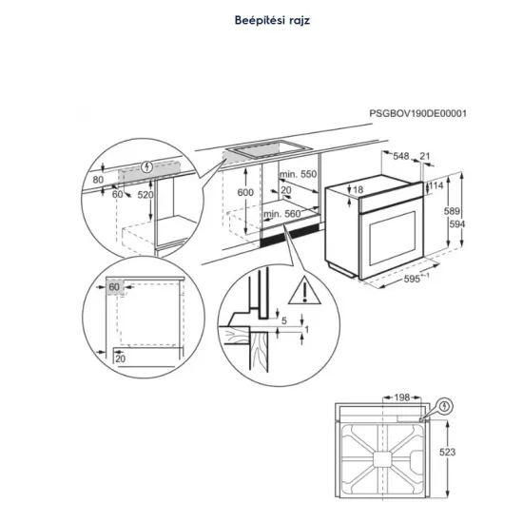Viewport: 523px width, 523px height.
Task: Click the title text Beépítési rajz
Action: (261, 18)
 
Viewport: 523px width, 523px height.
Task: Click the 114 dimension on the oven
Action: (436, 185)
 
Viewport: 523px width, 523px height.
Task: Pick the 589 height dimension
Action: (455, 212)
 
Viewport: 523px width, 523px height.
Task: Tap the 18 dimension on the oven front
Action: (359, 190)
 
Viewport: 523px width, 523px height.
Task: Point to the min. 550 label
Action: (298, 176)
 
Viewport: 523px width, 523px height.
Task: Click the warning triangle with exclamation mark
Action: (301, 286)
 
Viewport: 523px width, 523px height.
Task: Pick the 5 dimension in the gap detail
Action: (283, 320)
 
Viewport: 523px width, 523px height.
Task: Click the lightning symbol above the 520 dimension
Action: (145, 169)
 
